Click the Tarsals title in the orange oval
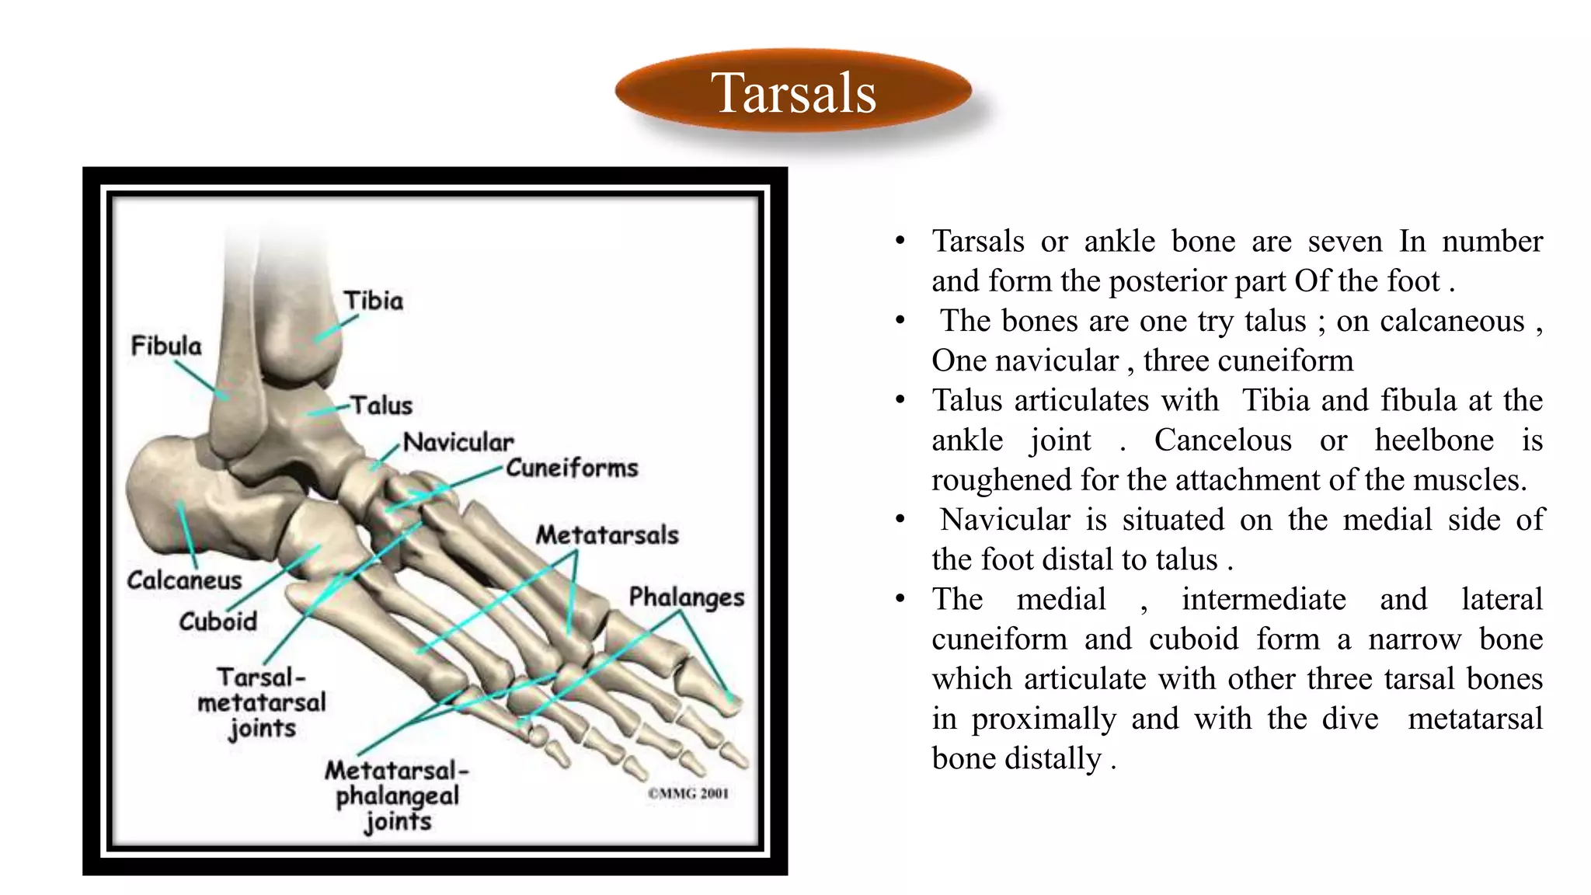(793, 92)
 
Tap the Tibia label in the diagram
(374, 301)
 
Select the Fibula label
(165, 346)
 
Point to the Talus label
(381, 405)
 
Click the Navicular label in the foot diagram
(458, 442)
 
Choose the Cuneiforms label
(572, 468)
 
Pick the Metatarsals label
(607, 535)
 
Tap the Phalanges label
(686, 597)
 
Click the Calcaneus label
(184, 580)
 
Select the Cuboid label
(218, 621)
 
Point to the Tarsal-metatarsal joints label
(262, 702)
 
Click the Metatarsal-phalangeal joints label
(397, 796)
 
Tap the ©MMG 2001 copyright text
(688, 793)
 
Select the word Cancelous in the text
(1223, 441)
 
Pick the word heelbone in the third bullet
(1433, 441)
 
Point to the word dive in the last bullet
(1350, 719)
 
